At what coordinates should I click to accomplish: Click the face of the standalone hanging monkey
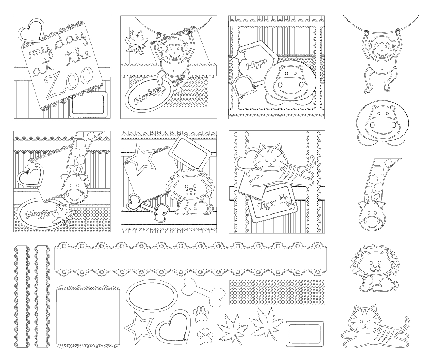point(381,50)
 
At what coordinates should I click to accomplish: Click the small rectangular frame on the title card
point(88,104)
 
